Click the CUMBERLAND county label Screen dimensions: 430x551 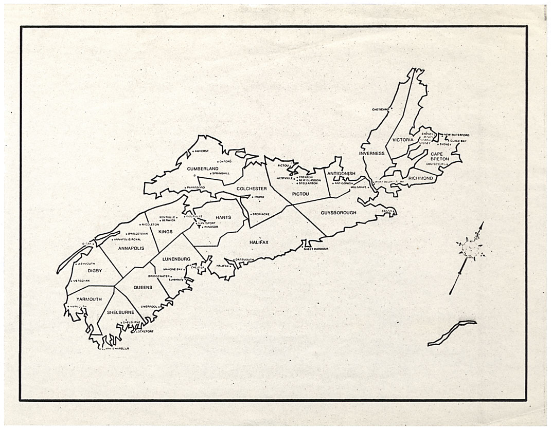click(203, 169)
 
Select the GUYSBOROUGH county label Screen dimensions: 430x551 click(339, 212)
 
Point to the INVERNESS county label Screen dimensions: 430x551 click(372, 153)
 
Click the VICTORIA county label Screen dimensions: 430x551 click(403, 140)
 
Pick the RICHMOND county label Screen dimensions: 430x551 click(421, 178)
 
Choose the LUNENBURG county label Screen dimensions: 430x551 click(176, 259)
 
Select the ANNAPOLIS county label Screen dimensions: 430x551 click(130, 249)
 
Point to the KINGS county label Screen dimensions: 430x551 click(165, 232)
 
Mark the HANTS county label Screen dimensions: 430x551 click(222, 217)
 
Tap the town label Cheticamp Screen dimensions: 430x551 click(381, 109)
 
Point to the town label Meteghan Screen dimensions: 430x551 click(81, 281)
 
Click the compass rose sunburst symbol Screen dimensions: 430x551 click(470, 250)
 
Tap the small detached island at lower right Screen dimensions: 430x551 click(451, 332)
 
